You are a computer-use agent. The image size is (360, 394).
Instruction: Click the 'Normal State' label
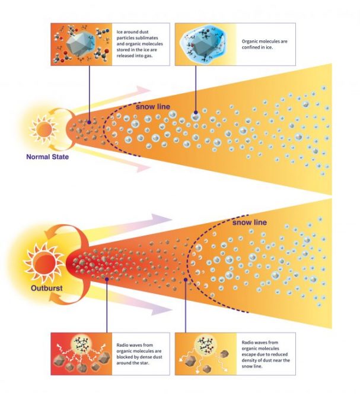47,157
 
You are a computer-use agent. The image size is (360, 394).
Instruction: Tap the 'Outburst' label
47,288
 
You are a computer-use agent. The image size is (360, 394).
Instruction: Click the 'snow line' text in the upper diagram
153,107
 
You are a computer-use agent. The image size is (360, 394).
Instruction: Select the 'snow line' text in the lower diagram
250,223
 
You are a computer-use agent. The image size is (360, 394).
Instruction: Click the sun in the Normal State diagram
44,129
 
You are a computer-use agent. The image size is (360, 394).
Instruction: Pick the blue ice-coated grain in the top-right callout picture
204,45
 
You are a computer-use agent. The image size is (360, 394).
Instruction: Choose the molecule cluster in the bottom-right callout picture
206,346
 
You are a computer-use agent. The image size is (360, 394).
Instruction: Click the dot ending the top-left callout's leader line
90,122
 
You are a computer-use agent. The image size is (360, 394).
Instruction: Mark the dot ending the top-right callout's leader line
196,112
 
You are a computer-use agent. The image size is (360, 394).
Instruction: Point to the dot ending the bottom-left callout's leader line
107,279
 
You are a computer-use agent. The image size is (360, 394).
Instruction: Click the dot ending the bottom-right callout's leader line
186,279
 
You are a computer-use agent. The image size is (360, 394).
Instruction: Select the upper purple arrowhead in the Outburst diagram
161,218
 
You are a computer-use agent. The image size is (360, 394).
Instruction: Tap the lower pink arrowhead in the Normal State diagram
143,167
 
